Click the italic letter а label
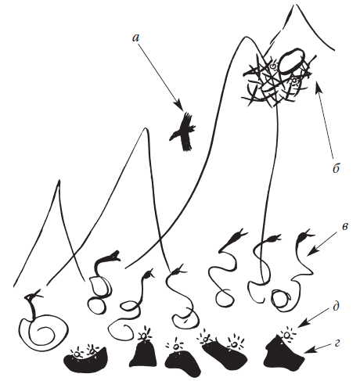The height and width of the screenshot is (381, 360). coord(136,38)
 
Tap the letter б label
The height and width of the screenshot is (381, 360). coord(336,168)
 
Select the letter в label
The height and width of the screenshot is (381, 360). coord(344,227)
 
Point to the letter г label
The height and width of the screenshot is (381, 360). coord(337,344)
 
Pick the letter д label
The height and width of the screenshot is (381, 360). coord(336,306)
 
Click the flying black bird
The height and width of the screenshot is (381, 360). coord(183,132)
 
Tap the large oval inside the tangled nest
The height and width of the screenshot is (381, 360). coord(292,60)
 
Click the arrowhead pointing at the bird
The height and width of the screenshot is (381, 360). coord(180,106)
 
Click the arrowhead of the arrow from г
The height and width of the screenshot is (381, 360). coord(308,352)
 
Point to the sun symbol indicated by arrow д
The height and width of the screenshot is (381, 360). coord(287,334)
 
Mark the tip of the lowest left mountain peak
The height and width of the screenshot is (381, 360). coord(59,180)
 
